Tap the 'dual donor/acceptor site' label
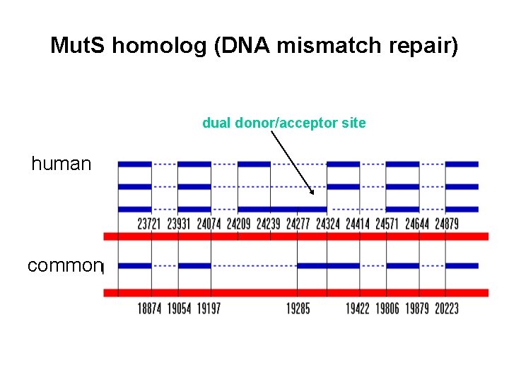pos(284,123)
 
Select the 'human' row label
pos(62,164)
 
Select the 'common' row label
pos(64,266)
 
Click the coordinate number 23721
pos(148,224)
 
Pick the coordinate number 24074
pos(208,224)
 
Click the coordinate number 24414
pos(358,224)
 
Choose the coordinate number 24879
pos(447,224)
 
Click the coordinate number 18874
pos(148,308)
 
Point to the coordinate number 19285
pos(298,308)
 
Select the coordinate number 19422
pos(358,308)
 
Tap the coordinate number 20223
pos(447,308)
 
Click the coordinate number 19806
pos(387,308)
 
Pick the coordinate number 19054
pos(178,308)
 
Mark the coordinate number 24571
pos(387,224)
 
